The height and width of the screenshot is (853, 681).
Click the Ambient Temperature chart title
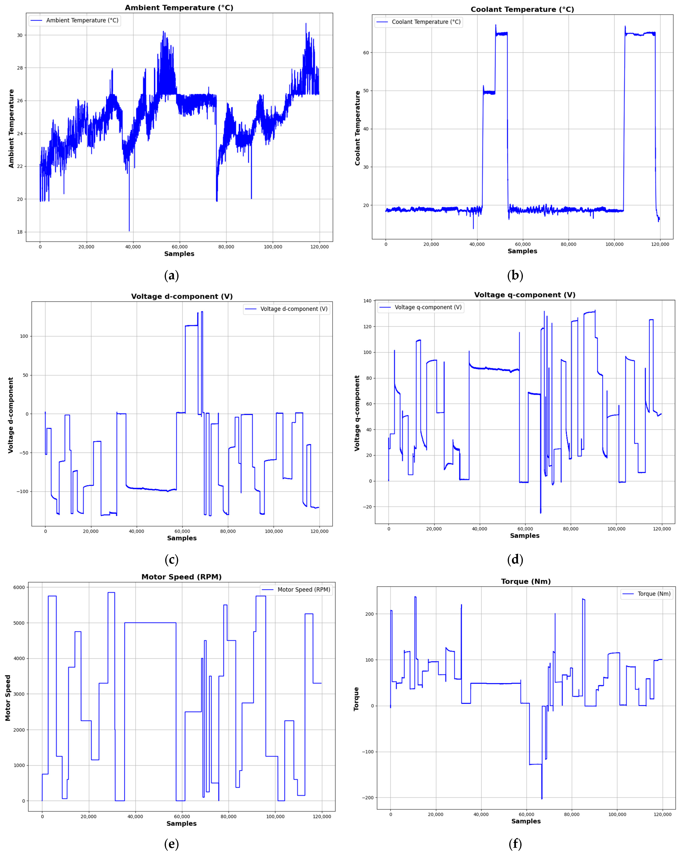click(179, 8)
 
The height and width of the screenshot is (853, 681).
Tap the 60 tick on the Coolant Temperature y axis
click(366, 53)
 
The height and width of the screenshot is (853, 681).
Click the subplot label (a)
click(171, 275)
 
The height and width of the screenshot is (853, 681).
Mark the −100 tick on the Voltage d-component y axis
click(22, 491)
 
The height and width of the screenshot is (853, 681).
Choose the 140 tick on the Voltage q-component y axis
click(367, 301)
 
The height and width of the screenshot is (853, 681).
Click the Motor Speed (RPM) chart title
click(181, 577)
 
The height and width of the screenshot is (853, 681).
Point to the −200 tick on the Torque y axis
click(367, 798)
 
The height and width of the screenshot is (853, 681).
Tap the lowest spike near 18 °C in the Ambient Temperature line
click(129, 230)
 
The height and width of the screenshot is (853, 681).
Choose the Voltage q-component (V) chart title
click(525, 295)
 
